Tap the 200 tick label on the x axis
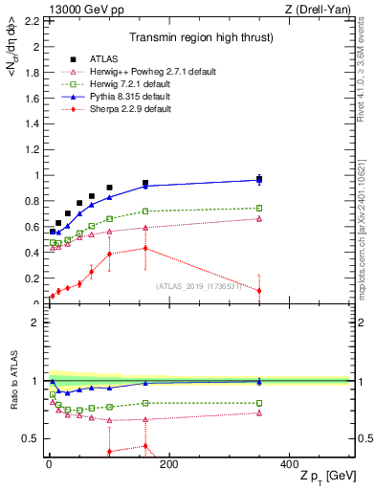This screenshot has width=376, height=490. pos(168,464)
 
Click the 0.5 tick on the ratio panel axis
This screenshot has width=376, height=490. pos(31,438)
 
